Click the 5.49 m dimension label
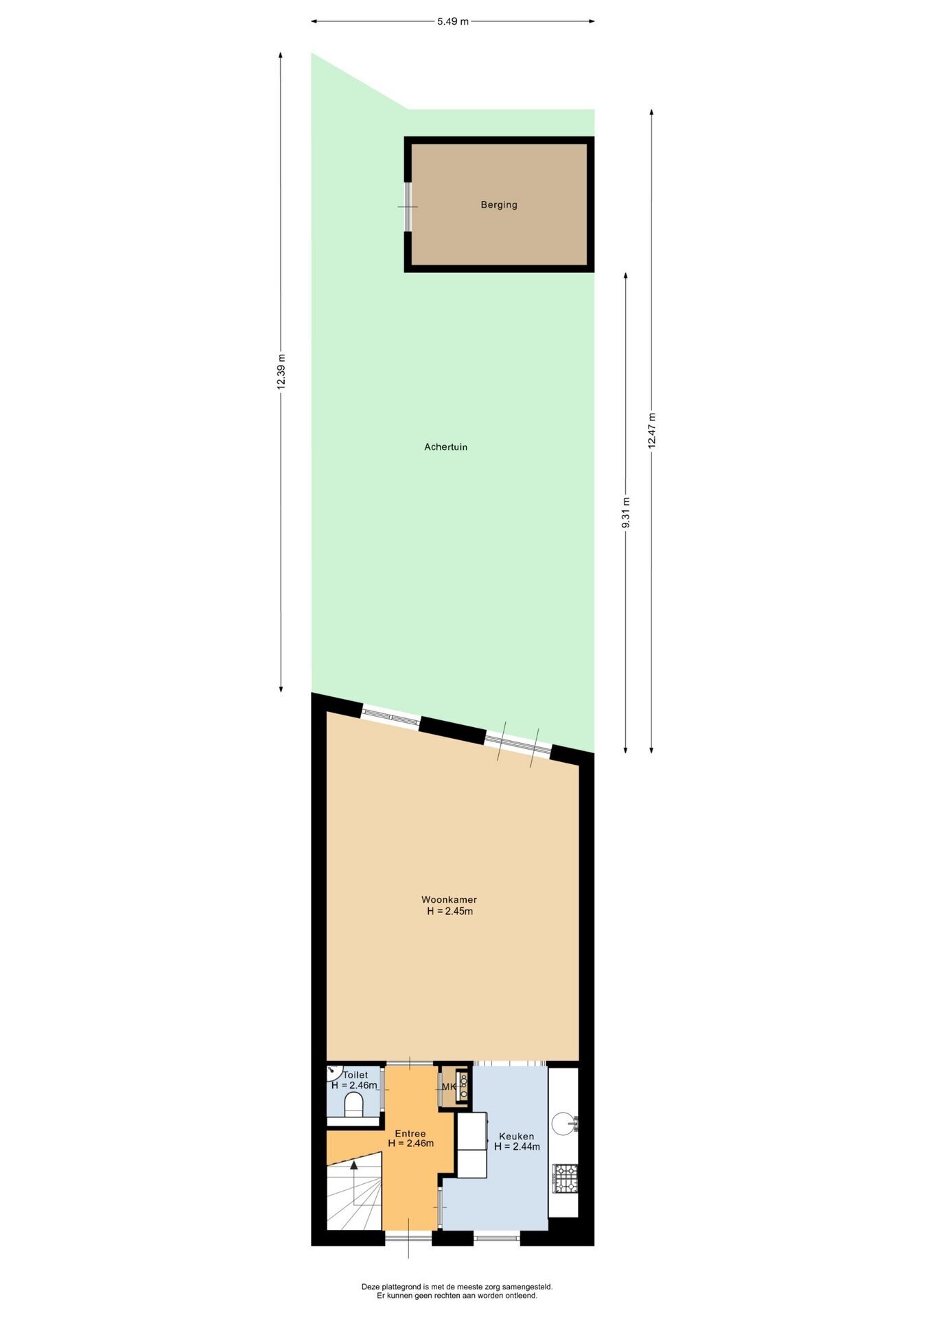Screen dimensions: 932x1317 pos(452,21)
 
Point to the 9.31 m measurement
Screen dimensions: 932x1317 pos(625,512)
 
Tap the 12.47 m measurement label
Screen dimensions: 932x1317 pos(651,431)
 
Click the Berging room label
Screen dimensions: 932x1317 pos(499,204)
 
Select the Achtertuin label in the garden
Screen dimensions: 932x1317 pos(445,447)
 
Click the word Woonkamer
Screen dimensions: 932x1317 pos(449,899)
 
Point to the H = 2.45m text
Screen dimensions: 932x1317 pos(450,911)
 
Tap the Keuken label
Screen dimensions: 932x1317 pos(516,1136)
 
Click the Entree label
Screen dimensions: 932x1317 pos(410,1133)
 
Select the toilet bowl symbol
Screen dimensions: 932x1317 pos(353,1105)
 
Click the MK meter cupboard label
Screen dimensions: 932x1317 pos(449,1087)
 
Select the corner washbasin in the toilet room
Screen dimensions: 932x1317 pos(334,1073)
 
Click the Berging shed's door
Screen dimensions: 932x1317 pos(408,206)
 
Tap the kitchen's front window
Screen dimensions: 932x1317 pos(496,1237)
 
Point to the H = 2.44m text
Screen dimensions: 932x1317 pos(517,1146)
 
